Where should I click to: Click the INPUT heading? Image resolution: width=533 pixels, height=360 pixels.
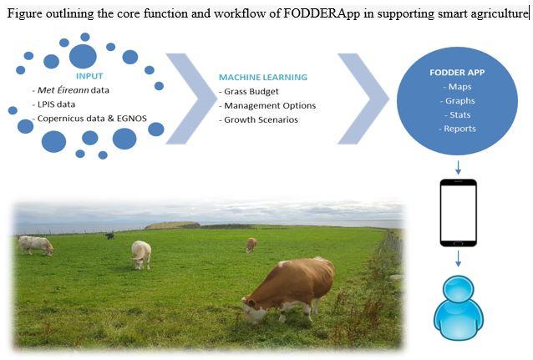pyautogui.click(x=89, y=76)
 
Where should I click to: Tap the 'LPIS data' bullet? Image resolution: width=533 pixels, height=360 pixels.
pyautogui.click(x=53, y=104)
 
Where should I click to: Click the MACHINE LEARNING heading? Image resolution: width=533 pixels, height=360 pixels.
pyautogui.click(x=263, y=77)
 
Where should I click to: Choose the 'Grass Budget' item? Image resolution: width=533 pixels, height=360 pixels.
pyautogui.click(x=249, y=91)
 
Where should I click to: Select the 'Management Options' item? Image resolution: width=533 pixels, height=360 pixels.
pyautogui.click(x=267, y=106)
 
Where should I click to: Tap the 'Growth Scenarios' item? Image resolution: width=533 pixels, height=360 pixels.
pyautogui.click(x=259, y=119)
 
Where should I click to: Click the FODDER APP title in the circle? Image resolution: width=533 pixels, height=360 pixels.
pyautogui.click(x=457, y=73)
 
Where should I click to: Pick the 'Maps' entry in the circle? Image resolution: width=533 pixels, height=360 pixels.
pyautogui.click(x=458, y=87)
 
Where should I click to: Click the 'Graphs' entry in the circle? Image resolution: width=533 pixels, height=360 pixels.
pyautogui.click(x=458, y=101)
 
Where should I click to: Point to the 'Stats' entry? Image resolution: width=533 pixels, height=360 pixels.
pyautogui.click(x=458, y=115)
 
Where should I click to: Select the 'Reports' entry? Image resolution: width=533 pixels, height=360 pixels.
pyautogui.click(x=458, y=129)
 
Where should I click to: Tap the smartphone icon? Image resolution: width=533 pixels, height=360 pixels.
pyautogui.click(x=458, y=213)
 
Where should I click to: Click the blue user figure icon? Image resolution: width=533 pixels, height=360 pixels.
pyautogui.click(x=458, y=307)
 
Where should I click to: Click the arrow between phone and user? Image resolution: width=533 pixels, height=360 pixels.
pyautogui.click(x=458, y=259)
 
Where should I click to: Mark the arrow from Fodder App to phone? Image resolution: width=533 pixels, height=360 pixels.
pyautogui.click(x=458, y=168)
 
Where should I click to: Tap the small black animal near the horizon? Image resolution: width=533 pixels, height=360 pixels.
pyautogui.click(x=109, y=236)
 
